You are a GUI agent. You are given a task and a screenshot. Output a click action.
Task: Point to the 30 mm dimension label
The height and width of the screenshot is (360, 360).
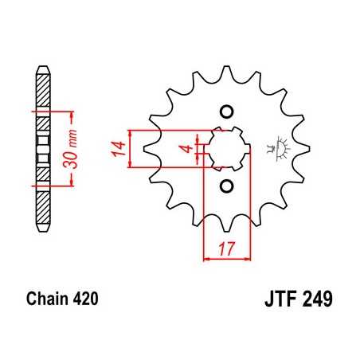pyautogui.click(x=71, y=145)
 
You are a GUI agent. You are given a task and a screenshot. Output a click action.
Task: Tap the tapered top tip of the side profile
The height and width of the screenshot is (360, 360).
pyautogui.click(x=43, y=70)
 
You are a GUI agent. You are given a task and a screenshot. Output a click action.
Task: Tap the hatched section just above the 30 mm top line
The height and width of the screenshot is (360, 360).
pyautogui.click(x=43, y=96)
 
